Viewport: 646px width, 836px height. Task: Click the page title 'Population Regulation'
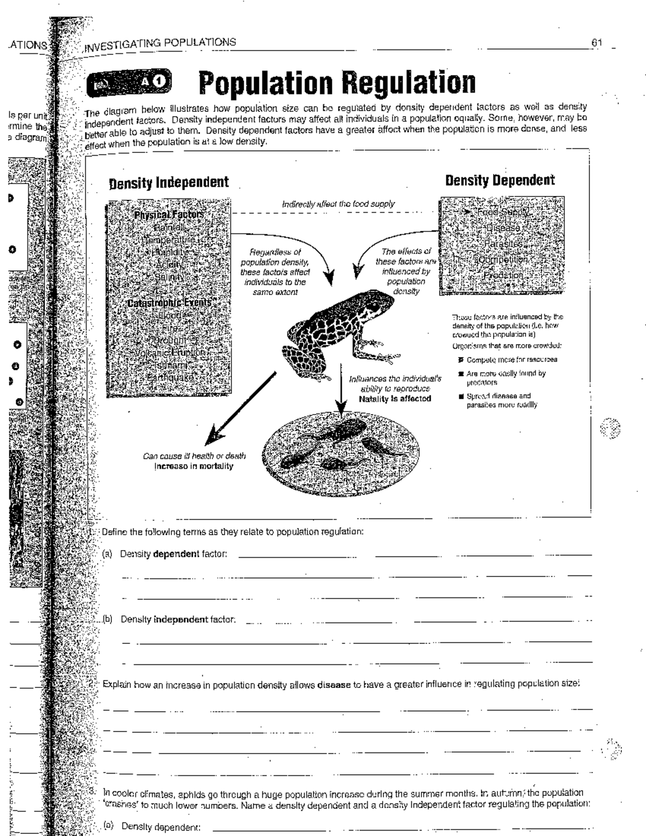[x=337, y=82]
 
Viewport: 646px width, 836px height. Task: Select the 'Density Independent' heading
[x=168, y=182]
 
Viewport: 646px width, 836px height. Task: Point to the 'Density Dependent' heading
[x=500, y=180]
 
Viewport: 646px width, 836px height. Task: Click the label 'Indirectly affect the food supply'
[x=338, y=204]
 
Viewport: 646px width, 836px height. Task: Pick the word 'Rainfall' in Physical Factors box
[x=168, y=227]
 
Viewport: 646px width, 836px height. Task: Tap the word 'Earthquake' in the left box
[x=170, y=377]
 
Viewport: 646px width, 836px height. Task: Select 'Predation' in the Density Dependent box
[x=503, y=275]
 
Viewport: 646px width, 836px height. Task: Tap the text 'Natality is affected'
[x=395, y=399]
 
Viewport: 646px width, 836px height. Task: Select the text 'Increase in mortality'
[x=194, y=466]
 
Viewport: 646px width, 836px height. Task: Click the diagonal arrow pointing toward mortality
[x=242, y=404]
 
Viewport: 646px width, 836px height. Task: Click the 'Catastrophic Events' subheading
[x=168, y=303]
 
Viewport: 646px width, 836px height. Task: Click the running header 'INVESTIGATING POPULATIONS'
[x=159, y=43]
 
